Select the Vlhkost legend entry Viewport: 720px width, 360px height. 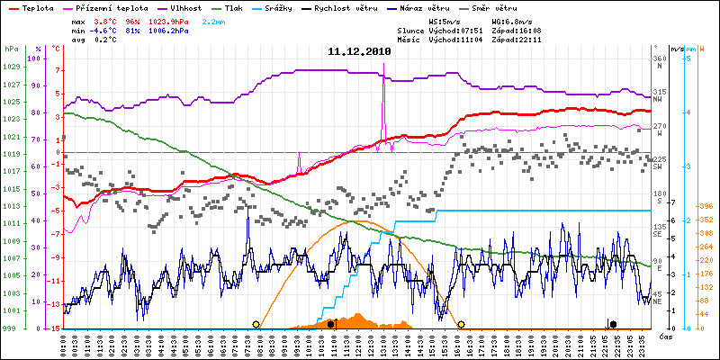click(x=185, y=7)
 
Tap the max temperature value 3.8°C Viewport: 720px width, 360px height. click(x=106, y=20)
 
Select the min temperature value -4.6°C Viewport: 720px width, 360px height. click(x=104, y=30)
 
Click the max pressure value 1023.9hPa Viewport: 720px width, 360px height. click(x=172, y=20)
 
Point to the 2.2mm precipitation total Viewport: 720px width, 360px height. click(x=213, y=20)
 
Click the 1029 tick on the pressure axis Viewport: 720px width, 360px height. click(x=11, y=68)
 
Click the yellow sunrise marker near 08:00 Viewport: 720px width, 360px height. click(x=256, y=324)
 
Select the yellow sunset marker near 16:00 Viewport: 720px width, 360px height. click(x=461, y=324)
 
